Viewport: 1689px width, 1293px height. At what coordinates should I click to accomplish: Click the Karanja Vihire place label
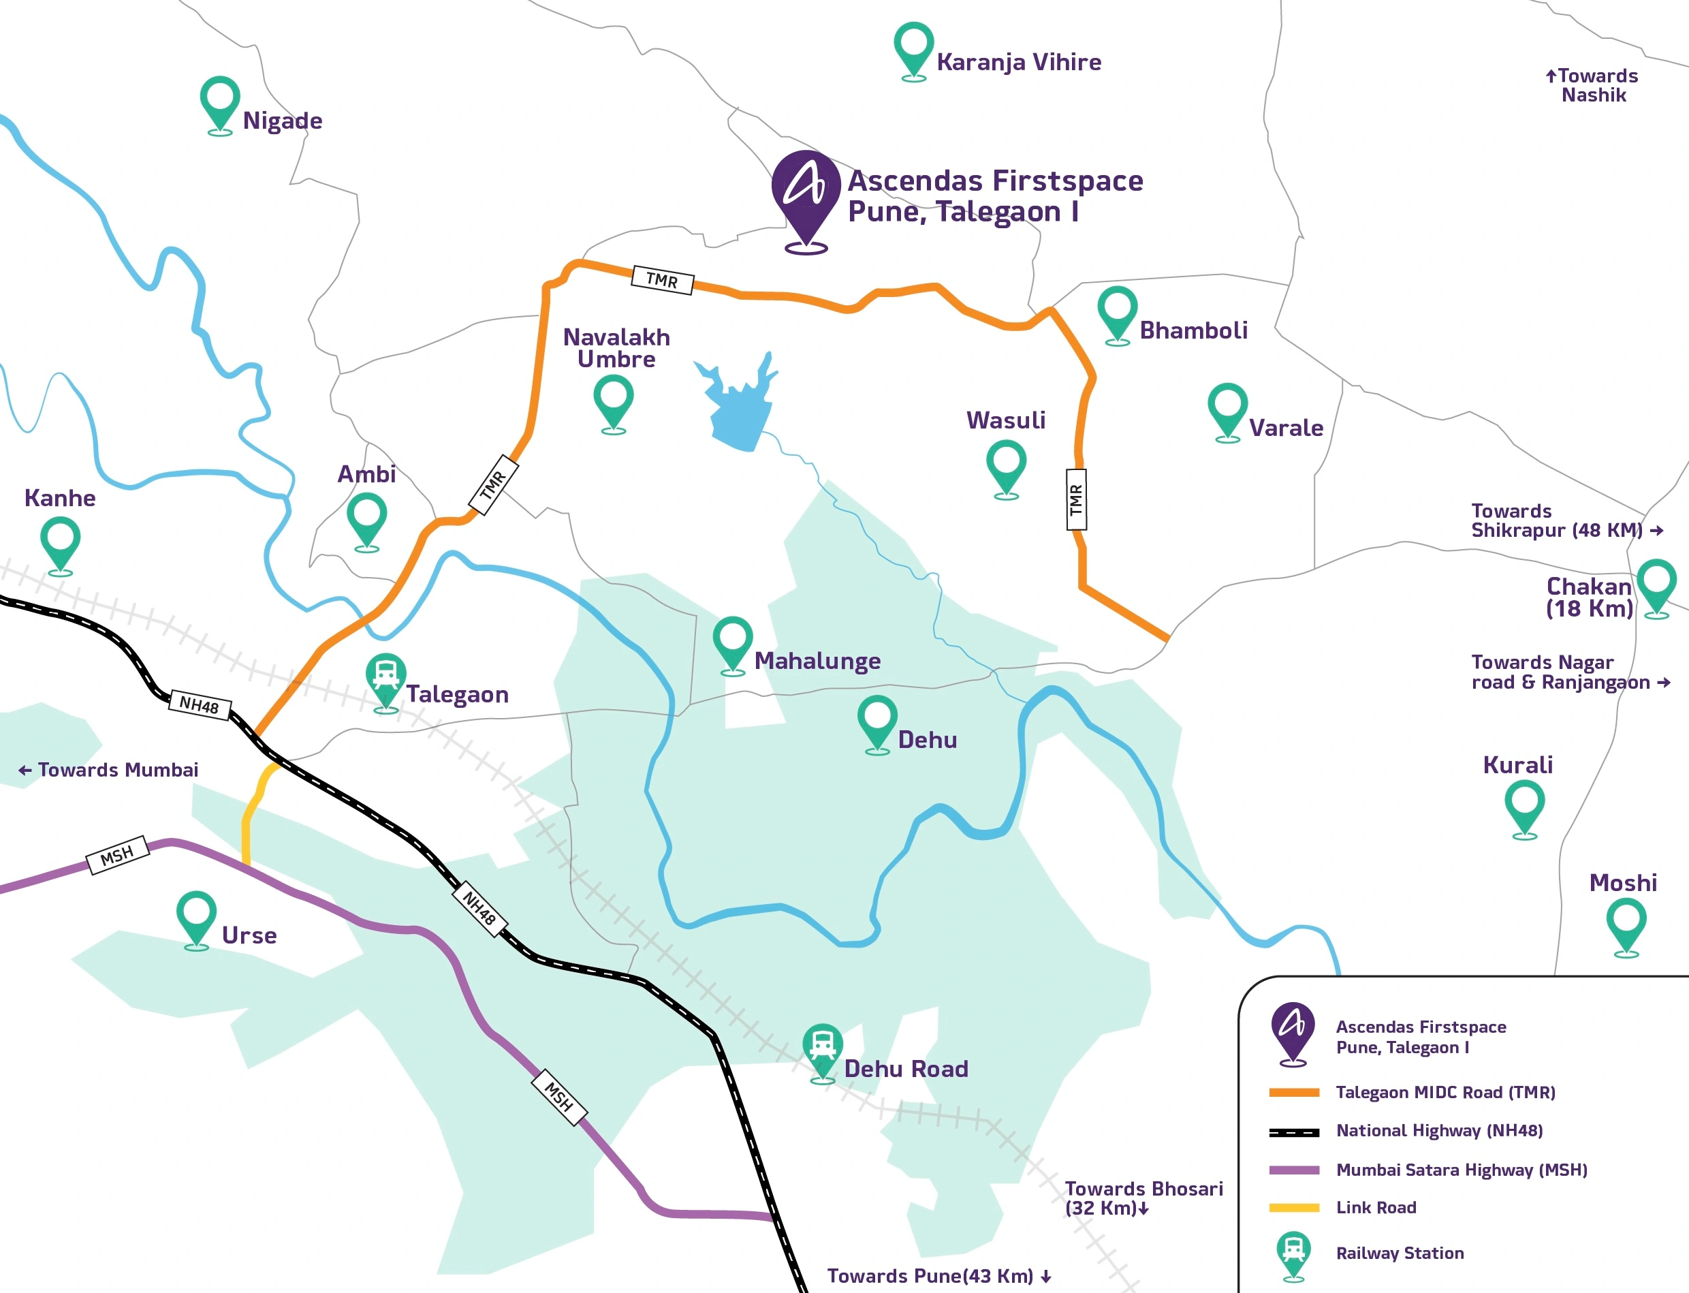pos(1018,63)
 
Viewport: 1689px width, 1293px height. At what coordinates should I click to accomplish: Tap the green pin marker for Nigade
pos(220,106)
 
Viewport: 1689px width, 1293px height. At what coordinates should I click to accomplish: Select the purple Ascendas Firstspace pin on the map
pos(806,202)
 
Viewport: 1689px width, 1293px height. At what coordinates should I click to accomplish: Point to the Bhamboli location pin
pos(1118,315)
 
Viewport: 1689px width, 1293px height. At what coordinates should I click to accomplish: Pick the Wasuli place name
pos(1006,420)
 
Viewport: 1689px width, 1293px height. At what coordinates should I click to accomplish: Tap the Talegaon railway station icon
pos(385,683)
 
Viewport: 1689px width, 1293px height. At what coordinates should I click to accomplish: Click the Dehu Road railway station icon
pos(823,1053)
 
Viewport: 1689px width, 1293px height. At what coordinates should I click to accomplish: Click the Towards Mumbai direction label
pos(108,770)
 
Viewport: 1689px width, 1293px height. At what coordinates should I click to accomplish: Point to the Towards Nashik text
pos(1592,85)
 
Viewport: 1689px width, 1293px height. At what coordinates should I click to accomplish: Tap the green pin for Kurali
pos(1524,809)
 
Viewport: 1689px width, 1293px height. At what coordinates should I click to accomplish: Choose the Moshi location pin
pos(1626,927)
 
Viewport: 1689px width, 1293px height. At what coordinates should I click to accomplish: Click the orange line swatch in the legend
pos(1294,1092)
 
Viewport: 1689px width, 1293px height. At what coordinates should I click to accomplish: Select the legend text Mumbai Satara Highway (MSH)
pos(1462,1170)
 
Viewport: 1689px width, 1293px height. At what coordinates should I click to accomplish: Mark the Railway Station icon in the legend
pos(1293,1257)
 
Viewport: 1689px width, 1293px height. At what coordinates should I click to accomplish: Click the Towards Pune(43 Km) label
pos(938,1276)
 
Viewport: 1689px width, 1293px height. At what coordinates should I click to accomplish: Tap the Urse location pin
pos(196,920)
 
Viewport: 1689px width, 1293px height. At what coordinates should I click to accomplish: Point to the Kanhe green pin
pos(60,546)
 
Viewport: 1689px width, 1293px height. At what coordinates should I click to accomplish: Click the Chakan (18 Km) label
pos(1589,597)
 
